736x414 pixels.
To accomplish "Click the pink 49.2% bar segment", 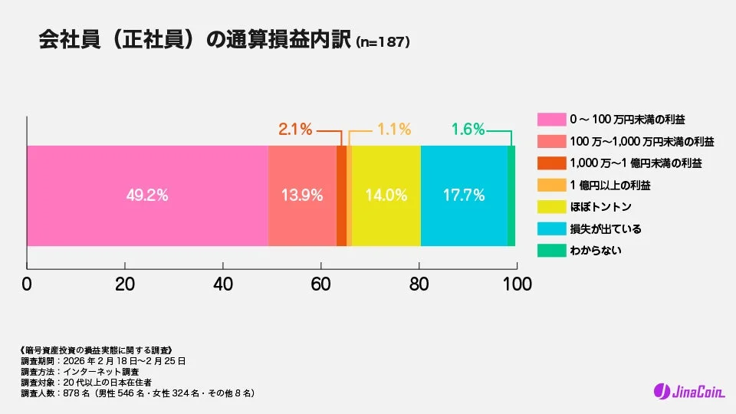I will coord(147,195).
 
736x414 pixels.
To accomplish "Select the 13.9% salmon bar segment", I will coord(302,195).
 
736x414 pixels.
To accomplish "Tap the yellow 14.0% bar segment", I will coord(386,195).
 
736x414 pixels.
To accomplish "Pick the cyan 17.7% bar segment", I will coord(464,195).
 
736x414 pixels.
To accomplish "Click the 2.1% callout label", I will coord(295,130).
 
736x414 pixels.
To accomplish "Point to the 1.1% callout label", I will coord(395,130).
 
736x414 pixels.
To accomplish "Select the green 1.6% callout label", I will coord(468,130).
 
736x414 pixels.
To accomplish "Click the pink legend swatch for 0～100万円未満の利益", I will coord(550,120).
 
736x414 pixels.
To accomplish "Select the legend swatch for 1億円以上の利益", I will coord(550,185).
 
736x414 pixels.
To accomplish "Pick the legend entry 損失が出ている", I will coord(605,228).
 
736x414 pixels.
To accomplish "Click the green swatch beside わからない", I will coord(550,250).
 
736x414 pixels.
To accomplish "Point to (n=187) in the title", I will coord(383,43).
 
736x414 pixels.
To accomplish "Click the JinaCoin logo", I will coord(688,392).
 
